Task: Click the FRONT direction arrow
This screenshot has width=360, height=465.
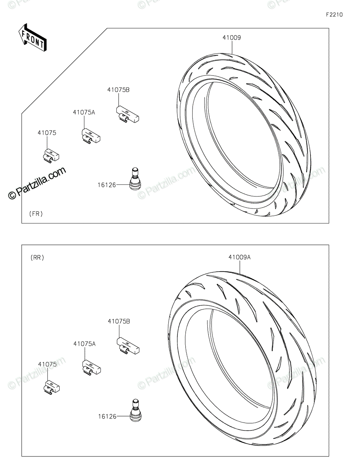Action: coord(32,38)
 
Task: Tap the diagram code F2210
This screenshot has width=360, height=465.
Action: coord(334,15)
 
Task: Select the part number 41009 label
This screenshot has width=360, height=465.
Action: coord(232,38)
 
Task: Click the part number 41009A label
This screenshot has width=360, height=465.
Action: coord(239,257)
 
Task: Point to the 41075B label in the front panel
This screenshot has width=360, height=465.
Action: coord(118,90)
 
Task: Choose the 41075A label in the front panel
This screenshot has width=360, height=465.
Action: coord(84,112)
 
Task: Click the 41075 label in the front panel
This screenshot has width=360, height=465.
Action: coord(47,133)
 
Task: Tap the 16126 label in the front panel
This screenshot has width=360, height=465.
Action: coord(107,185)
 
